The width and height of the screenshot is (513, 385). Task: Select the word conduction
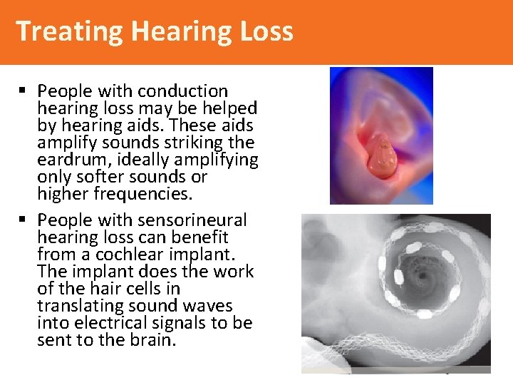[x=182, y=91]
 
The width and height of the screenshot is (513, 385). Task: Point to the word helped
[x=229, y=108]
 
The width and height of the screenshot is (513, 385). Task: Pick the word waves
[x=207, y=306]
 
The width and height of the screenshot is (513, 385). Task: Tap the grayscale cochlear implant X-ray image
[x=395, y=292]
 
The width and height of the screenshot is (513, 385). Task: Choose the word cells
[x=159, y=289]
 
